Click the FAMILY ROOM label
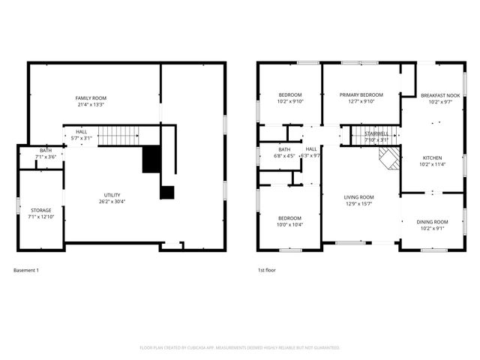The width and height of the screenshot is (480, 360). [x=91, y=98]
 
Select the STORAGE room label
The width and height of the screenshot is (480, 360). [x=40, y=210]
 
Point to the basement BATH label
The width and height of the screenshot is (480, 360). [x=46, y=151]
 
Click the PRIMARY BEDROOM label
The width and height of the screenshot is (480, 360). [x=361, y=95]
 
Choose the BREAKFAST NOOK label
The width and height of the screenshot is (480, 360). [x=439, y=95]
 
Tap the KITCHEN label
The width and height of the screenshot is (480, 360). [x=432, y=158]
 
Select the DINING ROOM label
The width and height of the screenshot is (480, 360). [x=432, y=222]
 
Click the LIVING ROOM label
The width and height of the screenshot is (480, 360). [x=359, y=197]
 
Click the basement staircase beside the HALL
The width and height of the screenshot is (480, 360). [x=118, y=136]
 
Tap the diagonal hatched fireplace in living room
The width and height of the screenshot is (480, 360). [x=388, y=157]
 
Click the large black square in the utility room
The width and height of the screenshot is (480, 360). [x=151, y=159]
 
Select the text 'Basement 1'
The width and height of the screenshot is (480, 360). [x=26, y=270]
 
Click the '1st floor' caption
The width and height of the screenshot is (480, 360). [x=267, y=270]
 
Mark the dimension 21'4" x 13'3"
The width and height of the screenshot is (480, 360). [x=91, y=105]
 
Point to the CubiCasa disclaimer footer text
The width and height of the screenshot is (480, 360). [x=240, y=347]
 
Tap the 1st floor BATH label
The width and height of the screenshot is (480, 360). [x=284, y=149]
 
